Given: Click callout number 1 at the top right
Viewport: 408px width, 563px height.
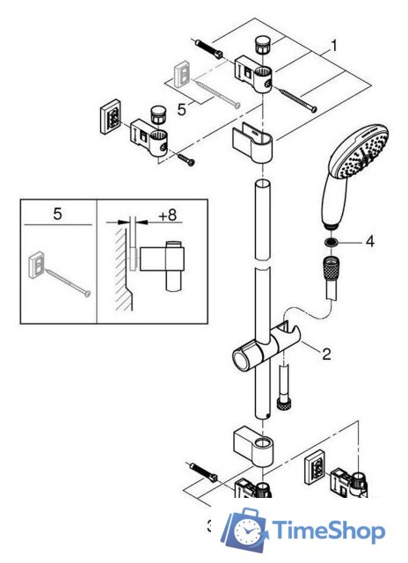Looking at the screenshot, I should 333,42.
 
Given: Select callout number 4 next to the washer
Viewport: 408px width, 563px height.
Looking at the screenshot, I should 370,239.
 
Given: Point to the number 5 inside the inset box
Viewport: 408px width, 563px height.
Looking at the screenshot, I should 57,214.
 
